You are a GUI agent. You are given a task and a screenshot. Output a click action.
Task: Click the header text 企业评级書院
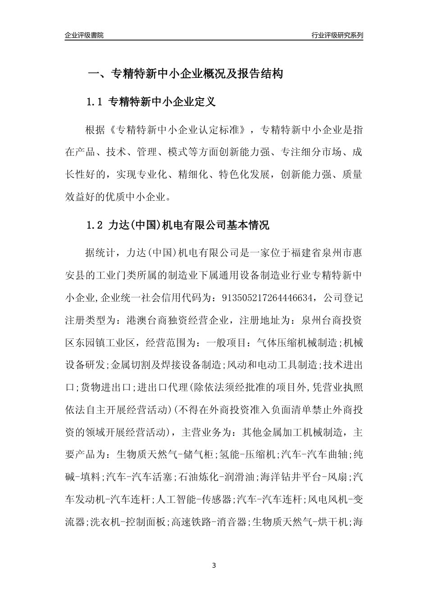point(84,35)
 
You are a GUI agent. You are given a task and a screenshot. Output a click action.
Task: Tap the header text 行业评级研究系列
point(337,35)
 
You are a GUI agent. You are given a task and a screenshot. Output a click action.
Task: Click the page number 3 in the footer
point(214,565)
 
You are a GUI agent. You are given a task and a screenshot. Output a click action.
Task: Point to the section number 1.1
point(95,102)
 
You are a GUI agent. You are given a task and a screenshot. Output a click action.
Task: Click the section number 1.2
point(95,225)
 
